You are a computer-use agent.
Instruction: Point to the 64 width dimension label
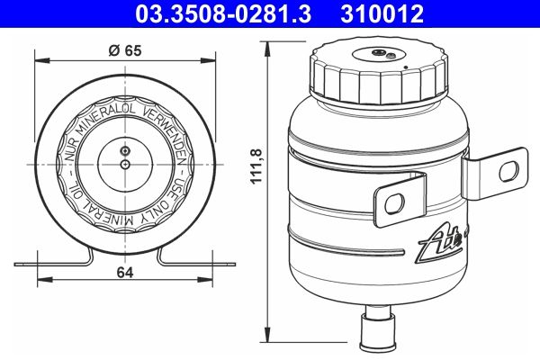point(125,276)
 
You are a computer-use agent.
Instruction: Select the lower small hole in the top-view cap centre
point(125,165)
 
